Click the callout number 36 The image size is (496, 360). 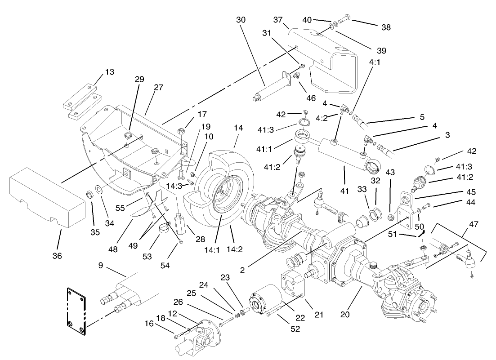57,256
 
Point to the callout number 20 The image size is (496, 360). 345,315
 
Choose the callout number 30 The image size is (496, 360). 241,20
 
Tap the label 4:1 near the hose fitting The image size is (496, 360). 375,62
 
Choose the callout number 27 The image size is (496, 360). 158,88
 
